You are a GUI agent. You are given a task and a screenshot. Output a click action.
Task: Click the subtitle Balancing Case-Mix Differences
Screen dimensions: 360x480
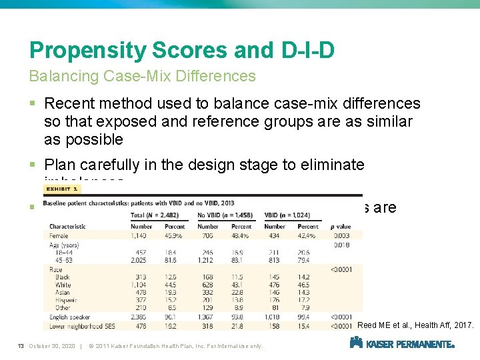click(x=142, y=76)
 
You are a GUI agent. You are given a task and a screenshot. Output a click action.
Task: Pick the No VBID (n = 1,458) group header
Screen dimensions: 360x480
click(x=225, y=215)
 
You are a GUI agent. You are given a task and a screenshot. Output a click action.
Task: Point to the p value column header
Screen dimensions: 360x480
click(x=341, y=227)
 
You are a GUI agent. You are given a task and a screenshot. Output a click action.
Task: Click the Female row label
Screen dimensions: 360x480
click(x=58, y=235)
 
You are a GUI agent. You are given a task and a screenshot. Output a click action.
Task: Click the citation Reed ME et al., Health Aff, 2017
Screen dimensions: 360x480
click(x=415, y=325)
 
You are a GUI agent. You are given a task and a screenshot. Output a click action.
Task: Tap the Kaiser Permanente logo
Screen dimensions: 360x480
click(x=402, y=343)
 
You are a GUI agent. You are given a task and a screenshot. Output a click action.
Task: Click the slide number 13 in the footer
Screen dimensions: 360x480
click(x=21, y=345)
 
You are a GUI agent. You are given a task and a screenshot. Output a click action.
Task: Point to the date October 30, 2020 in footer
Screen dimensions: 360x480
click(x=51, y=345)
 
